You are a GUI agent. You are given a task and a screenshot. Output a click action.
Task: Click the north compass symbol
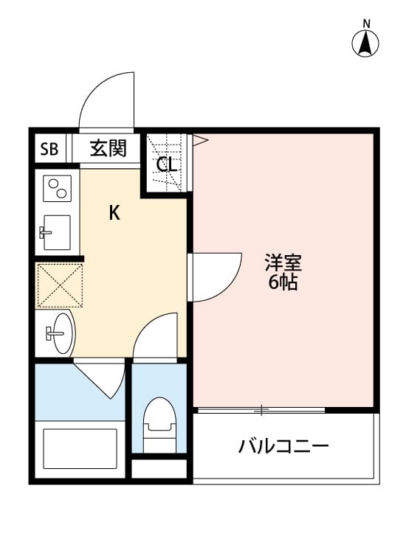click(x=365, y=41)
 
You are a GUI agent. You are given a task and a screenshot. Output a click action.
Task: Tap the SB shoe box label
click(x=49, y=150)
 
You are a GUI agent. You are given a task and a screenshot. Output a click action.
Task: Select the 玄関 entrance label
click(x=109, y=149)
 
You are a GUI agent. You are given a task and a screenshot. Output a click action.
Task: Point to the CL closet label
click(x=167, y=164)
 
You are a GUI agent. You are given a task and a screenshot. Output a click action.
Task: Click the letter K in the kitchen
click(x=114, y=214)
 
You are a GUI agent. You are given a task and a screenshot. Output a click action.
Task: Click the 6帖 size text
click(x=283, y=282)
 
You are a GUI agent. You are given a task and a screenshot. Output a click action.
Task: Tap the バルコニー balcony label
click(x=283, y=446)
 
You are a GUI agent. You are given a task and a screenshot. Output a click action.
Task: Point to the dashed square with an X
click(x=60, y=285)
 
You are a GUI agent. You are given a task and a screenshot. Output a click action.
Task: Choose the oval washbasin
click(x=59, y=333)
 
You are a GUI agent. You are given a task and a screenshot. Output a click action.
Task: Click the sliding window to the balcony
click(x=260, y=409)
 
